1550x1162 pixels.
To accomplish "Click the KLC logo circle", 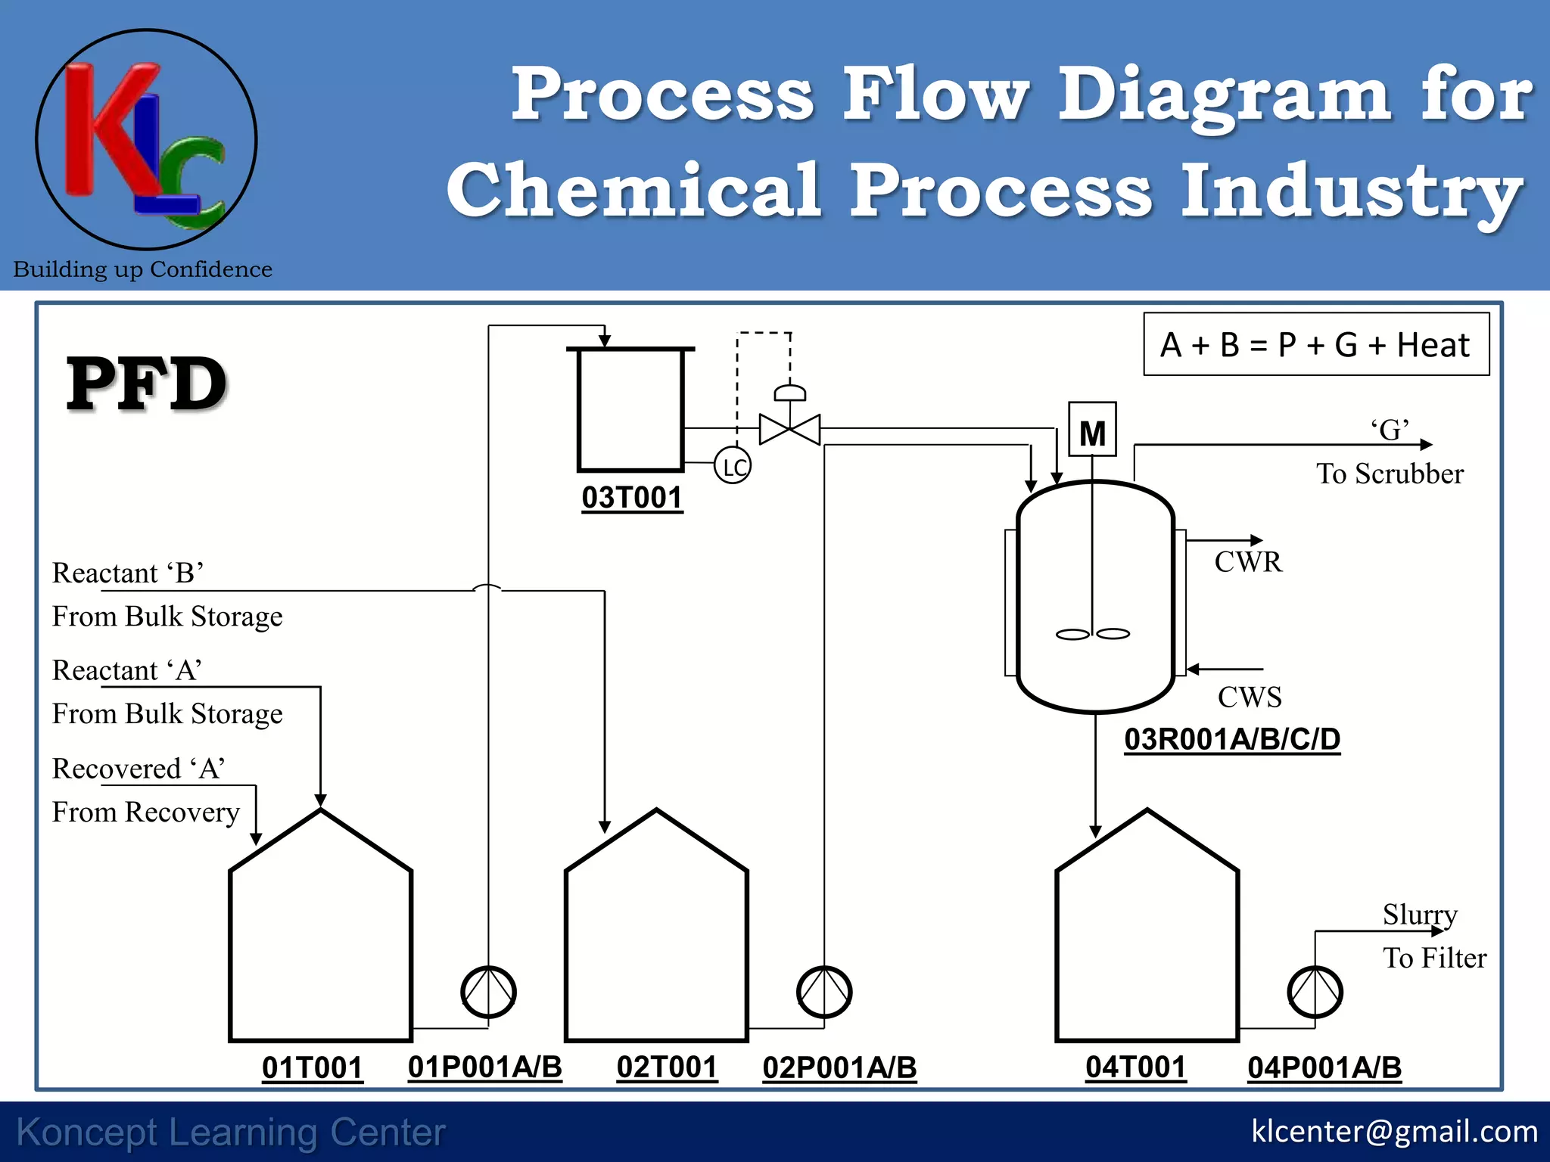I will [146, 140].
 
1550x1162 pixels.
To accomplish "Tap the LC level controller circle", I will [733, 466].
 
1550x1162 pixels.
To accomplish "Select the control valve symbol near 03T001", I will [789, 428].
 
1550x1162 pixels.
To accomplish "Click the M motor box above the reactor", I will [1092, 430].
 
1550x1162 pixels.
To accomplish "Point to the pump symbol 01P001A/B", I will [488, 992].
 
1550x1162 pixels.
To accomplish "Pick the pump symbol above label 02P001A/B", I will [824, 992].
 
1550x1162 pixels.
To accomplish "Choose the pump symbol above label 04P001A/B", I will [1315, 992].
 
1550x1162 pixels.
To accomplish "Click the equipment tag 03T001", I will [632, 498].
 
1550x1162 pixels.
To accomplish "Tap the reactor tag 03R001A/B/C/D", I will [1232, 739].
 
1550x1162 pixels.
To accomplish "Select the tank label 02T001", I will [667, 1067].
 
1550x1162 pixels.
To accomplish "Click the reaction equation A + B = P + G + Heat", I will [1315, 345].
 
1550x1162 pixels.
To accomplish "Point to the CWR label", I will [1248, 562].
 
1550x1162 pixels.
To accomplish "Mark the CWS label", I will [1250, 697].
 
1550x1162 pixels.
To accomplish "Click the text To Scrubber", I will [1390, 474].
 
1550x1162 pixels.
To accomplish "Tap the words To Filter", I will [1434, 958].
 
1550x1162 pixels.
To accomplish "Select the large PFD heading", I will [147, 384].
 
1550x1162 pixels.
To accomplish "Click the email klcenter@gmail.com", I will [1394, 1131].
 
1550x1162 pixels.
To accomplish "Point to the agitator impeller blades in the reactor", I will [1093, 634].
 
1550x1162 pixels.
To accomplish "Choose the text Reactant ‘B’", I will [128, 573].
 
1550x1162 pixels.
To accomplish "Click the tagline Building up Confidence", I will [143, 269].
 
